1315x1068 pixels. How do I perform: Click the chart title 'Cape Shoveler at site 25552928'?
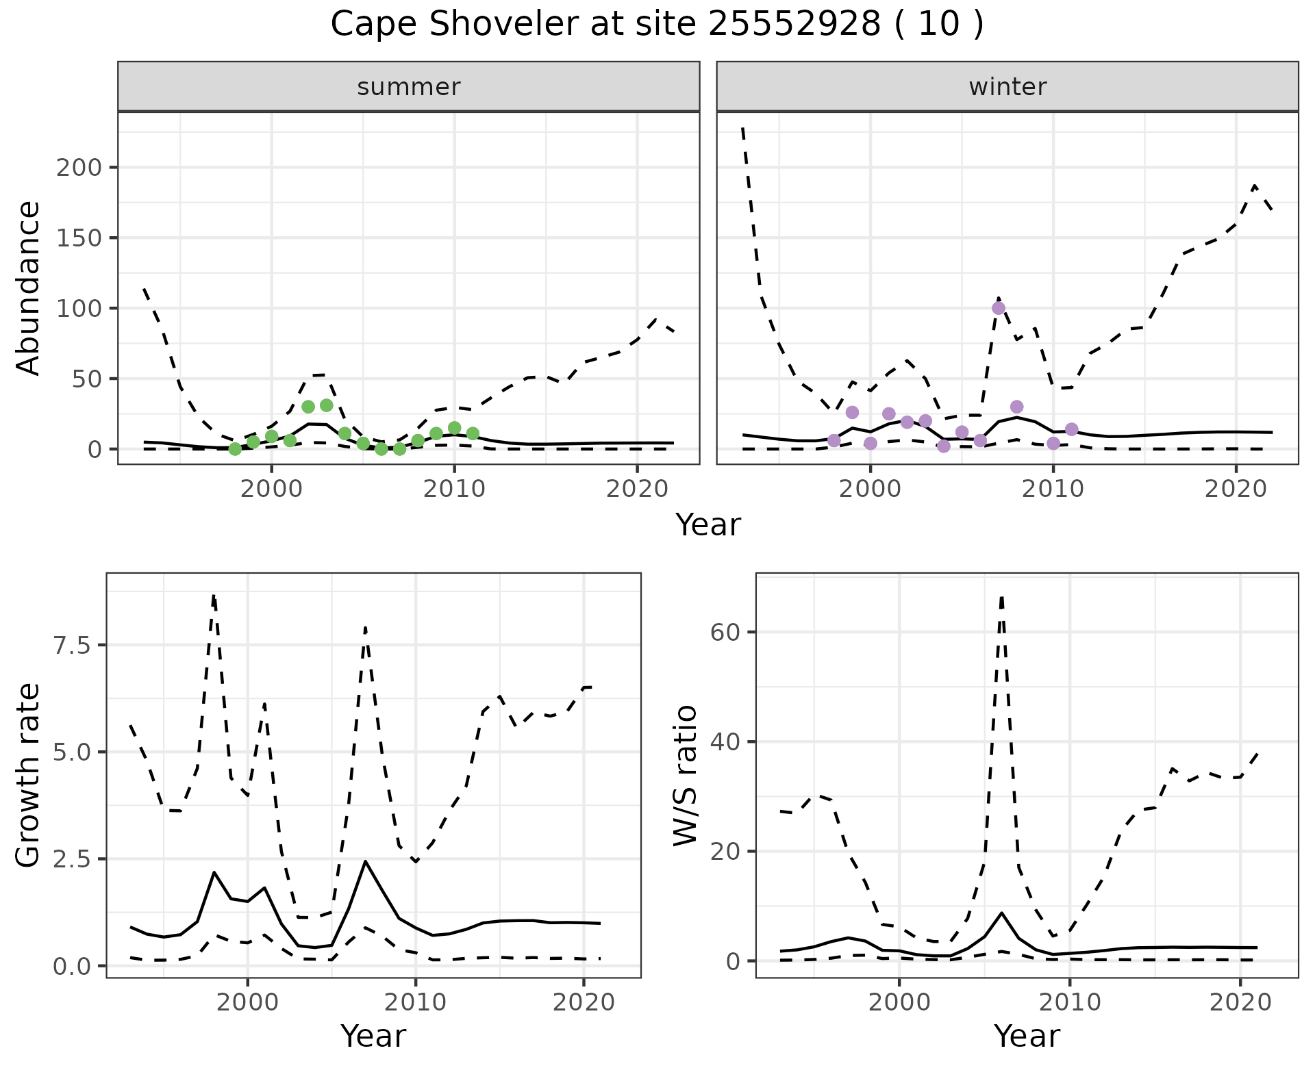click(x=656, y=25)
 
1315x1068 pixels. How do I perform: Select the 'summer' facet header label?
click(x=409, y=87)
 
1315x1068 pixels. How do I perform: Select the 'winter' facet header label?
click(x=1007, y=87)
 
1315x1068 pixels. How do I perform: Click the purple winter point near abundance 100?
click(x=999, y=308)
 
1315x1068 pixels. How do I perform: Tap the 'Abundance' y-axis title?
click(x=29, y=288)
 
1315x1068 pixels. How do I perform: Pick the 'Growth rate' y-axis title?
click(x=29, y=776)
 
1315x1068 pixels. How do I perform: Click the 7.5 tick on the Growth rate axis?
click(x=75, y=645)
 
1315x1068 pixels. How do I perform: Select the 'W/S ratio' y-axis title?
click(x=685, y=776)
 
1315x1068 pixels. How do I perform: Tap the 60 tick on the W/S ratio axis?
click(x=726, y=632)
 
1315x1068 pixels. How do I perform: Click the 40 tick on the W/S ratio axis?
click(x=726, y=742)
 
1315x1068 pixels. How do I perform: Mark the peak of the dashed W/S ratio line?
click(x=1002, y=597)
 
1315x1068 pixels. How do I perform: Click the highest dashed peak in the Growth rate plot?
click(x=214, y=596)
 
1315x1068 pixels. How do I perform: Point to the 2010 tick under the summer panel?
click(x=454, y=489)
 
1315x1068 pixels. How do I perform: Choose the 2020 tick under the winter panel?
click(x=1236, y=489)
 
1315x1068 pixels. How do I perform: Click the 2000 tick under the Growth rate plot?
click(x=247, y=1003)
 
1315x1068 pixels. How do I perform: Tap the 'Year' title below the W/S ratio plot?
click(x=1027, y=1037)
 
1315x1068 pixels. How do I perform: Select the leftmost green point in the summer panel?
click(x=235, y=449)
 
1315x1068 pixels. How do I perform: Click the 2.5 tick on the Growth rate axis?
click(x=75, y=859)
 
